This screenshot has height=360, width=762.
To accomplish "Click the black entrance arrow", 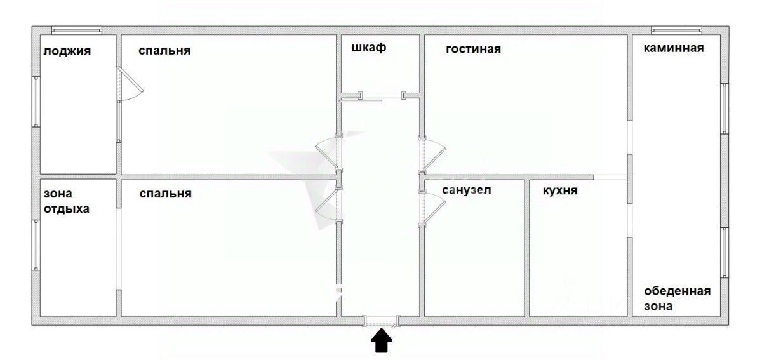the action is [x=382, y=340].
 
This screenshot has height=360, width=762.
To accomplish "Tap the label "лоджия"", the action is [x=67, y=51].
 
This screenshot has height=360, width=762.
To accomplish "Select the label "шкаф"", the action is [x=369, y=48].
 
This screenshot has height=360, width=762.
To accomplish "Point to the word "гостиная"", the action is [x=473, y=49].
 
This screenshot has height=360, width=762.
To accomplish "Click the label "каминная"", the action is [x=674, y=48].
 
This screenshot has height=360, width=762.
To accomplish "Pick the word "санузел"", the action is [x=466, y=190].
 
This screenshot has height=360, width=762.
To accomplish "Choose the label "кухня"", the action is [x=560, y=190].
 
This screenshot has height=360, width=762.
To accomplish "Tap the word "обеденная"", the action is [x=678, y=291].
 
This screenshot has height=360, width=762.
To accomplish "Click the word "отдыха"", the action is [x=66, y=209].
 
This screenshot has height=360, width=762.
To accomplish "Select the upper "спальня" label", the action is [x=164, y=51].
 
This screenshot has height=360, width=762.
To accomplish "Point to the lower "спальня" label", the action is [x=165, y=194].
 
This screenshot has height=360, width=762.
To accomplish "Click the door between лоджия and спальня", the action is [x=130, y=84].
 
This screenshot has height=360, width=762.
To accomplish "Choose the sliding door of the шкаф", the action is [x=361, y=100].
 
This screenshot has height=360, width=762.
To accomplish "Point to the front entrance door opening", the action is [x=382, y=321].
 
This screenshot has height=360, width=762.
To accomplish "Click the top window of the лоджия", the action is [x=77, y=30].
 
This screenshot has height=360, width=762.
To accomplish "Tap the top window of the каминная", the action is [x=677, y=30].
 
